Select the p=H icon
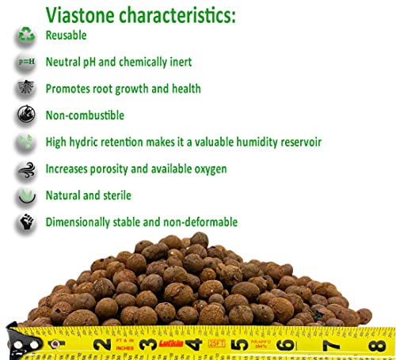25,62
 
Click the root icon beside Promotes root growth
25,88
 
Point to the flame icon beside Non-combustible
25,116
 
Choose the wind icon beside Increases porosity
25,169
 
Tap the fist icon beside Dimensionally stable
25,222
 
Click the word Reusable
67,36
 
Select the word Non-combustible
85,116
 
